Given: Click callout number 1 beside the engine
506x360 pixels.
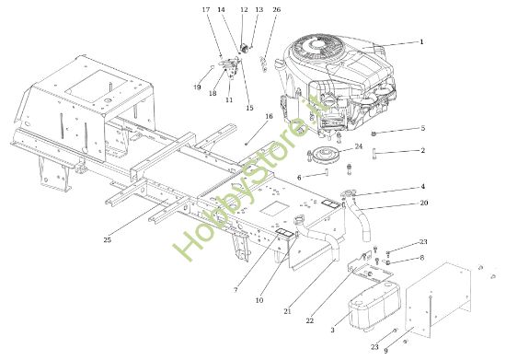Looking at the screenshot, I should (x=421, y=41).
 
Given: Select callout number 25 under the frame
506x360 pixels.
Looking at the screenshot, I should (x=108, y=240).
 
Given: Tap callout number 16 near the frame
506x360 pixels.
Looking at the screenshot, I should (x=270, y=117).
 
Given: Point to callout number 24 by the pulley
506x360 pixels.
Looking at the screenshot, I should (x=360, y=145).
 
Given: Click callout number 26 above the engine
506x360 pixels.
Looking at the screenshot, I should (x=277, y=10).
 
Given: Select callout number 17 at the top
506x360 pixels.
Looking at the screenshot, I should (x=206, y=9).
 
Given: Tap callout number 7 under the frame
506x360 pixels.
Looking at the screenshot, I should (x=236, y=290).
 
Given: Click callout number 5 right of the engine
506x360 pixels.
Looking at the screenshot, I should (x=422, y=128).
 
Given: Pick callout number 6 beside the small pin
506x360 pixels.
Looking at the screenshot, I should (x=300, y=176).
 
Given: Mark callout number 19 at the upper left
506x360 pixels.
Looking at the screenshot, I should (x=197, y=87).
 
